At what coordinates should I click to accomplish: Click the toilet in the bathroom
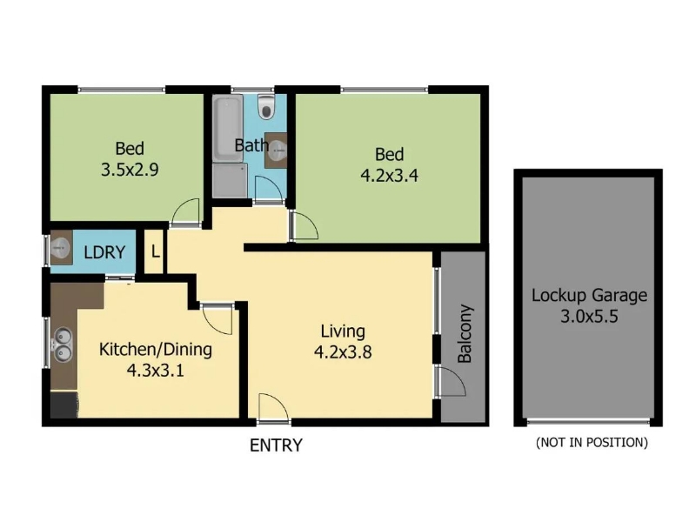coord(266,106)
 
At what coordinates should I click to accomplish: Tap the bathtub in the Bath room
coord(228,129)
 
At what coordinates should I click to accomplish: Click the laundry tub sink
coord(61,247)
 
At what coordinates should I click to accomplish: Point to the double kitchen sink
coord(63,345)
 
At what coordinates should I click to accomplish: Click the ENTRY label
coord(276,445)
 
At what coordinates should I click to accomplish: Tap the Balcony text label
coord(465,334)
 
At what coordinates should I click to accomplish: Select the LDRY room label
coord(104,252)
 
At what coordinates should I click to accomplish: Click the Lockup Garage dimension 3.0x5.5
coord(589,317)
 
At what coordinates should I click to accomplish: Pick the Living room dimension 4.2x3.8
coord(343,352)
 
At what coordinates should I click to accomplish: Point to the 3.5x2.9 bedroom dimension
coord(130,170)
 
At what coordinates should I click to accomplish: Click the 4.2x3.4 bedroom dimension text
coord(389,176)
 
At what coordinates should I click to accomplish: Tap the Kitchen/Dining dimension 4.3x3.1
coord(156,370)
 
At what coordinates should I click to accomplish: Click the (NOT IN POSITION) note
coord(592,442)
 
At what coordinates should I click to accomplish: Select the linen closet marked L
coord(155,251)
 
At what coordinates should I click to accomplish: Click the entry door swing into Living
coord(273,407)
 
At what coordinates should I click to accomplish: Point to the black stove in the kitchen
coord(64,405)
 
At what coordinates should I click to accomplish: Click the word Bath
coord(251,145)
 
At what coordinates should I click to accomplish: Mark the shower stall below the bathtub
coord(230,180)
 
